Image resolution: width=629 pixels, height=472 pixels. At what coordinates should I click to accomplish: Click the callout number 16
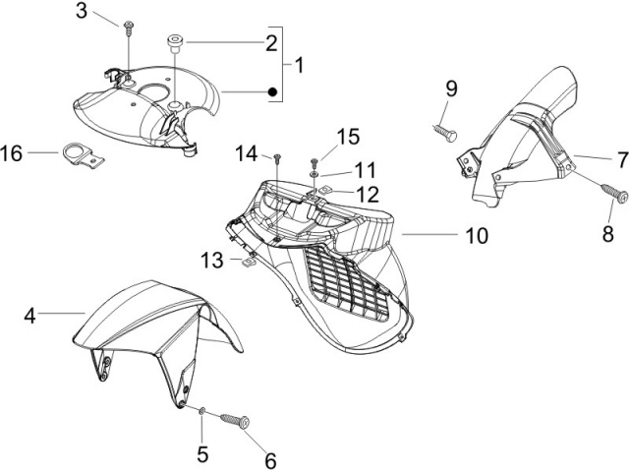11,153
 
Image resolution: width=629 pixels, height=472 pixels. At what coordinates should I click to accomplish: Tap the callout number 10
477,236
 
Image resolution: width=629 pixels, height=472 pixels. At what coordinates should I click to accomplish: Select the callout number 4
30,316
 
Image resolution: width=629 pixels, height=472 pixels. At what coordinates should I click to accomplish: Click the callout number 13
212,261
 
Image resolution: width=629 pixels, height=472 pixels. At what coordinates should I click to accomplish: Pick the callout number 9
451,88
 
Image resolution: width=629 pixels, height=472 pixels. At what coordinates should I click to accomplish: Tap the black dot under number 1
273,91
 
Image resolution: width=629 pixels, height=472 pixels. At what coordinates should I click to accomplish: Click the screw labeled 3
129,29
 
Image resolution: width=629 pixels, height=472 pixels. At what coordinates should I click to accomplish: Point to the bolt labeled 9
445,133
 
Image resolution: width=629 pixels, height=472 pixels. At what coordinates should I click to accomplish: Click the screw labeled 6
235,421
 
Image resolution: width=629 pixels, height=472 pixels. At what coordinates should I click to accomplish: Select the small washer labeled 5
202,410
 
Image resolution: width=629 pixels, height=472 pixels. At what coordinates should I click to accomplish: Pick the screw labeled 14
277,159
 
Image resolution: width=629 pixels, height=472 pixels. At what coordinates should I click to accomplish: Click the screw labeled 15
314,163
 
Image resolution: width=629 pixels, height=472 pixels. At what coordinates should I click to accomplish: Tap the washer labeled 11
314,174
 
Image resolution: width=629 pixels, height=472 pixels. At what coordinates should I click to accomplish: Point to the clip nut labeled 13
249,263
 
